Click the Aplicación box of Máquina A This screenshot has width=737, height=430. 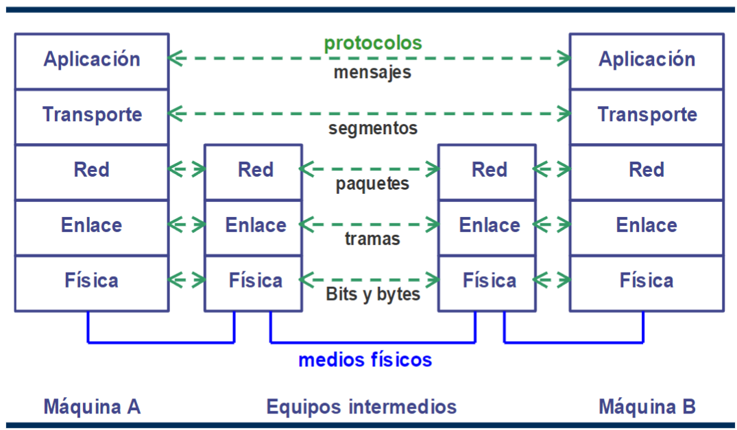pyautogui.click(x=92, y=60)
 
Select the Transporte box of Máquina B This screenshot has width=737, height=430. pyautogui.click(x=647, y=115)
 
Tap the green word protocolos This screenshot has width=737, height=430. pyautogui.click(x=373, y=43)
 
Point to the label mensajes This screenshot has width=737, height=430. pyautogui.click(x=372, y=72)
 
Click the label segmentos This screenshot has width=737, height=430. pyautogui.click(x=372, y=128)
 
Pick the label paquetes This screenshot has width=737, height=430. pyautogui.click(x=372, y=184)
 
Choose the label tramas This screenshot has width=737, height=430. pyautogui.click(x=372, y=239)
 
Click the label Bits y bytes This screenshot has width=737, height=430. pyautogui.click(x=372, y=294)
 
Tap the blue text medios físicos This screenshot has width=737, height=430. pyautogui.click(x=365, y=359)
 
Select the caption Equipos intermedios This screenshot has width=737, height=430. pyautogui.click(x=361, y=407)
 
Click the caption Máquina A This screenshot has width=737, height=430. pyautogui.click(x=92, y=407)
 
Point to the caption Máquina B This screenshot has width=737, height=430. pyautogui.click(x=647, y=407)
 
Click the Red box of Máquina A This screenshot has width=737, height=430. pyautogui.click(x=92, y=170)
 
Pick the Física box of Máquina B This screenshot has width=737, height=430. pyautogui.click(x=647, y=281)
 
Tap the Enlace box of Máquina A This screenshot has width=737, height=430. pyautogui.click(x=92, y=226)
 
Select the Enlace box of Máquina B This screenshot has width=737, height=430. pyautogui.click(x=647, y=226)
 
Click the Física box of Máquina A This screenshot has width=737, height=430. pyautogui.click(x=92, y=281)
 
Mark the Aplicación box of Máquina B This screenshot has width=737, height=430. pyautogui.click(x=647, y=60)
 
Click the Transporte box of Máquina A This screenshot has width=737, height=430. pyautogui.click(x=92, y=115)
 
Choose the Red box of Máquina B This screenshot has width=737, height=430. pyautogui.click(x=647, y=170)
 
